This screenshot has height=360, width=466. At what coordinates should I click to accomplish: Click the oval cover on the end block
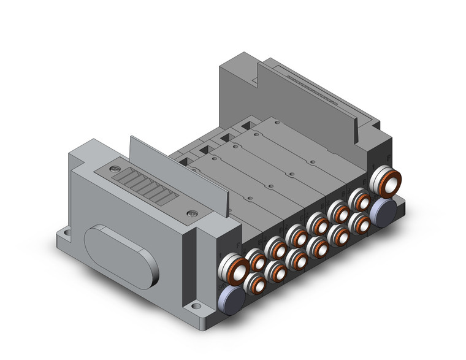click(x=120, y=253)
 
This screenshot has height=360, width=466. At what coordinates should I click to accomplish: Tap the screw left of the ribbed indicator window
click(x=112, y=168)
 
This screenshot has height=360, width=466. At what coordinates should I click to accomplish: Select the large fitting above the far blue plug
click(x=388, y=180)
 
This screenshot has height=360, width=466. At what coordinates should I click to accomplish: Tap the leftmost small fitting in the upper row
click(x=255, y=262)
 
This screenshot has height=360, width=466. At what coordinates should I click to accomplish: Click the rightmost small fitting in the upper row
click(x=359, y=200)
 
